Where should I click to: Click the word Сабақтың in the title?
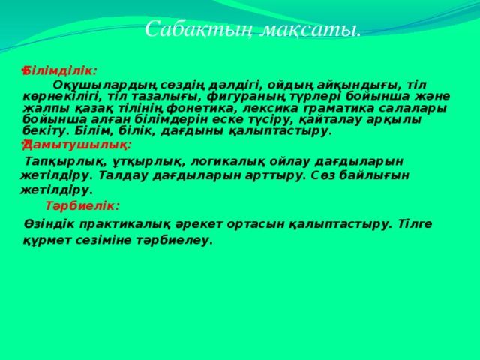[191, 29]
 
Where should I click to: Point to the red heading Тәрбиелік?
[82, 205]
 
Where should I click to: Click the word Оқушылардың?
[100, 83]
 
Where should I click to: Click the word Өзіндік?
[46, 223]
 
